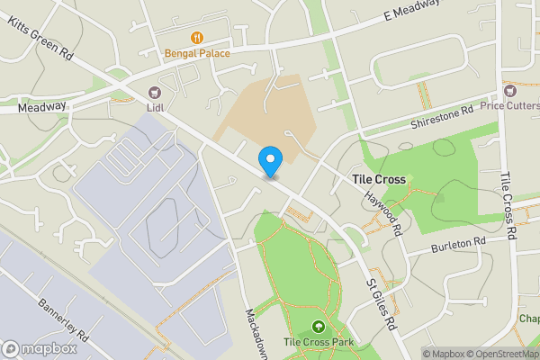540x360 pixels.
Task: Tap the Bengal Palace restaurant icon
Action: point(196,38)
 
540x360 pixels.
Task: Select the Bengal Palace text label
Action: point(197,53)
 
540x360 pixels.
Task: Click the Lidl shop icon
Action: point(155,91)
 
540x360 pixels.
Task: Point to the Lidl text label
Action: point(155,106)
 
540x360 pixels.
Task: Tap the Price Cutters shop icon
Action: point(510,91)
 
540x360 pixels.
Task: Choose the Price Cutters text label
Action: point(509,106)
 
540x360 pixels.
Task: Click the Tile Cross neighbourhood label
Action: point(378,180)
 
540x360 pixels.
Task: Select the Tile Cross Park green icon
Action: point(317,326)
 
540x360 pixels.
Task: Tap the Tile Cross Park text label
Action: point(317,342)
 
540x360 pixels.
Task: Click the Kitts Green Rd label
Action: point(40,38)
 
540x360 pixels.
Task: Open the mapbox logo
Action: point(40,348)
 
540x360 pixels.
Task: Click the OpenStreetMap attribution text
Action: point(503,354)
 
